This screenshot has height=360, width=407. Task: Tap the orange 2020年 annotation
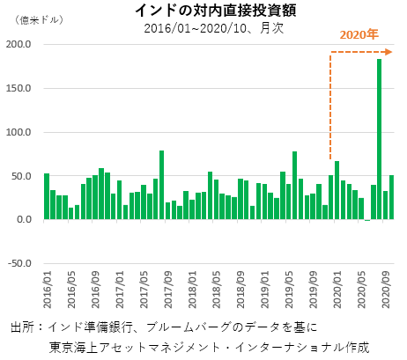click(x=359, y=35)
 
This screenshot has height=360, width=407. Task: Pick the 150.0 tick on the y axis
click(x=20, y=89)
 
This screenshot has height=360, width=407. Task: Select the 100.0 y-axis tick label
click(x=20, y=132)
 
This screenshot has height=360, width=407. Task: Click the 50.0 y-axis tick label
click(x=23, y=176)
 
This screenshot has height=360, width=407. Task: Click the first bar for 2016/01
click(x=47, y=196)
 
